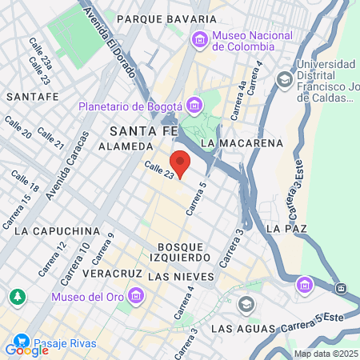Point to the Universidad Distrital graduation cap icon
284,79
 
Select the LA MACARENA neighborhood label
242,142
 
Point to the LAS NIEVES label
182,276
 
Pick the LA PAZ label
286,229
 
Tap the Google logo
26,350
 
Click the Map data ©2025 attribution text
326,354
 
